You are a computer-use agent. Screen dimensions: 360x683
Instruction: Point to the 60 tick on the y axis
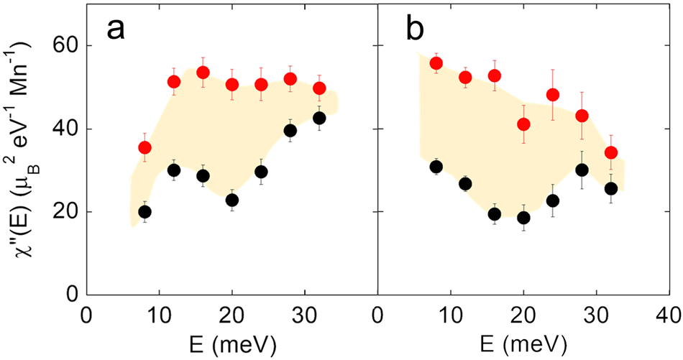coord(66,46)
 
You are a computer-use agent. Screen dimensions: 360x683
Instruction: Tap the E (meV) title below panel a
coord(232,344)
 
